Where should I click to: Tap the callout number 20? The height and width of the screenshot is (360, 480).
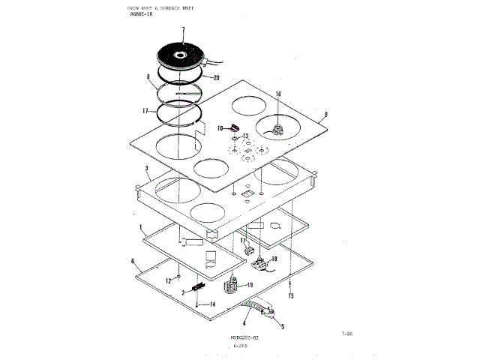coord(216,77)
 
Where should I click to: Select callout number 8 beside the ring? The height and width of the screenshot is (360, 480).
coord(148,77)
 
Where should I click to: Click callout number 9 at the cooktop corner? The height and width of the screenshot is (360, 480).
coord(327,116)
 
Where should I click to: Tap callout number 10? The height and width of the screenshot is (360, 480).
coord(220,128)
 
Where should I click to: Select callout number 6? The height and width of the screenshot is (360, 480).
coord(132,261)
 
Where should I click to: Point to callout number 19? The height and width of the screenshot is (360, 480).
coord(250,286)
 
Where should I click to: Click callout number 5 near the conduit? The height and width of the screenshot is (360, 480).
coord(282,326)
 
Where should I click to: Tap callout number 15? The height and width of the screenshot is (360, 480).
coord(291,295)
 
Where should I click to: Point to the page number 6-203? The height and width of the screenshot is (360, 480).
coord(240,346)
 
